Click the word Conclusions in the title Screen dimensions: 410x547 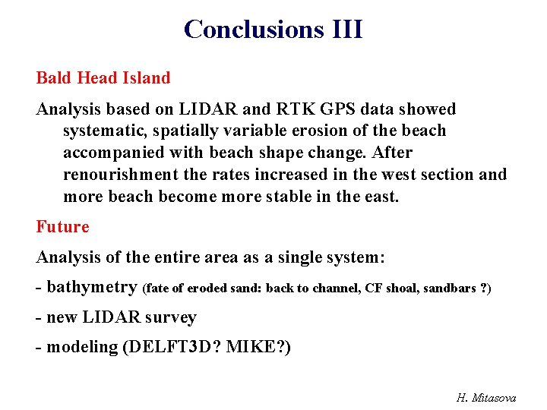click(254, 29)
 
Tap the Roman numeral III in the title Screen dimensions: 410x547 click(347, 29)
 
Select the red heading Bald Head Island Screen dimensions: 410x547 click(103, 77)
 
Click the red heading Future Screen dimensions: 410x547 click(62, 226)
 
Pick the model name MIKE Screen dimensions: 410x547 click(260, 348)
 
